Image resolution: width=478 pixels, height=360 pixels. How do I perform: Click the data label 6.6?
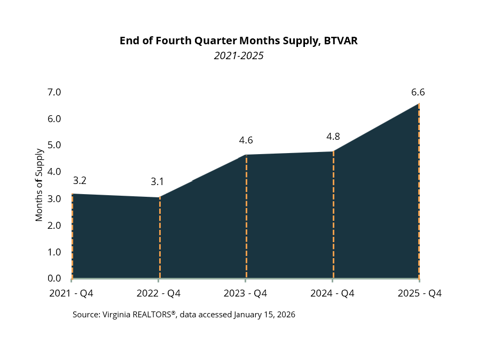(x=418, y=92)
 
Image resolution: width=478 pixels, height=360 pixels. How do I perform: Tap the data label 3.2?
(x=80, y=180)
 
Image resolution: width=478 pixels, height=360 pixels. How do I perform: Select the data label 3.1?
(x=157, y=181)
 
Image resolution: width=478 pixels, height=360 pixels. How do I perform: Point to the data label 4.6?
(x=246, y=140)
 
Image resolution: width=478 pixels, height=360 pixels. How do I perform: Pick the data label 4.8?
(x=333, y=136)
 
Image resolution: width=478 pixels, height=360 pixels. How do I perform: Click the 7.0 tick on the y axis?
(x=54, y=92)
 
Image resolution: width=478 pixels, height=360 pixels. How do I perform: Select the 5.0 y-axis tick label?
(x=54, y=145)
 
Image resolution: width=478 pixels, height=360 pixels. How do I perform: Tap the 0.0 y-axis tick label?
(x=54, y=278)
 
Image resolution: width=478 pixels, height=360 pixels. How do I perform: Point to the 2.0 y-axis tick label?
(x=54, y=225)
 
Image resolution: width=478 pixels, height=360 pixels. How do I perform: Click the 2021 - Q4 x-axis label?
(x=71, y=293)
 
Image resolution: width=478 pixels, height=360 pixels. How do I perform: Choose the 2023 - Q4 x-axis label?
(x=246, y=293)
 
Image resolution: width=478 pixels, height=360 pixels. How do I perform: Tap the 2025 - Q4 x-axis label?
(x=420, y=293)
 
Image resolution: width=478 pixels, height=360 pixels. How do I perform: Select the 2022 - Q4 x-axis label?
(x=159, y=293)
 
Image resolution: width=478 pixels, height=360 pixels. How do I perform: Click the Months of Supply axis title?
(x=39, y=185)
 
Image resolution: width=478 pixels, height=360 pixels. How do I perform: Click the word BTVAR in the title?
(x=344, y=41)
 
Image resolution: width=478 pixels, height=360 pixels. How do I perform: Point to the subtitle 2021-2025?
(x=239, y=55)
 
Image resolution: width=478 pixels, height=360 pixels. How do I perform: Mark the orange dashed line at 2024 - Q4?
(x=333, y=213)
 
